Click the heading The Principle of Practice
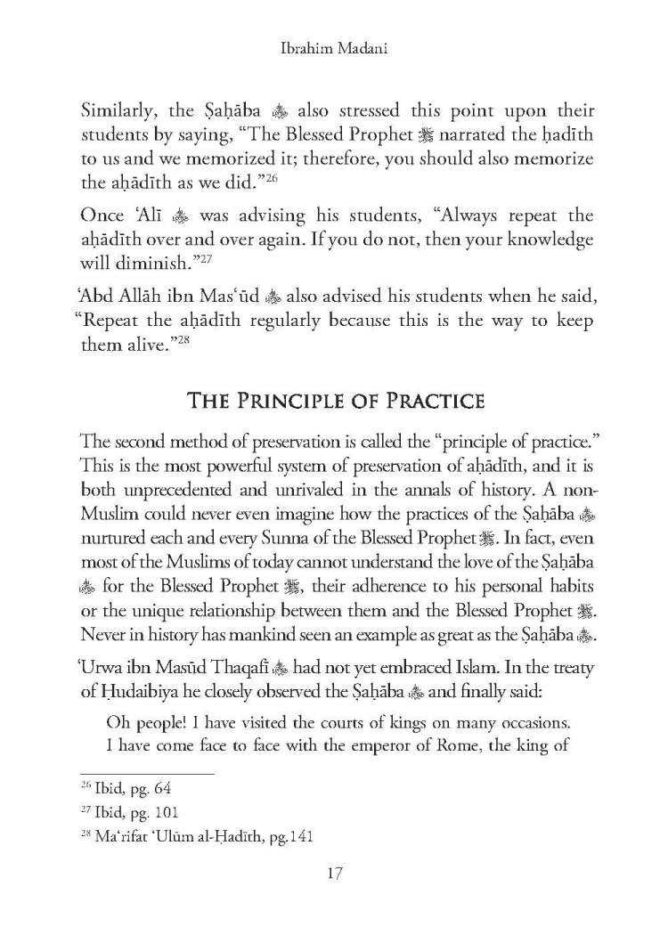tap(335, 400)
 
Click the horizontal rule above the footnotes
tap(147, 773)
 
